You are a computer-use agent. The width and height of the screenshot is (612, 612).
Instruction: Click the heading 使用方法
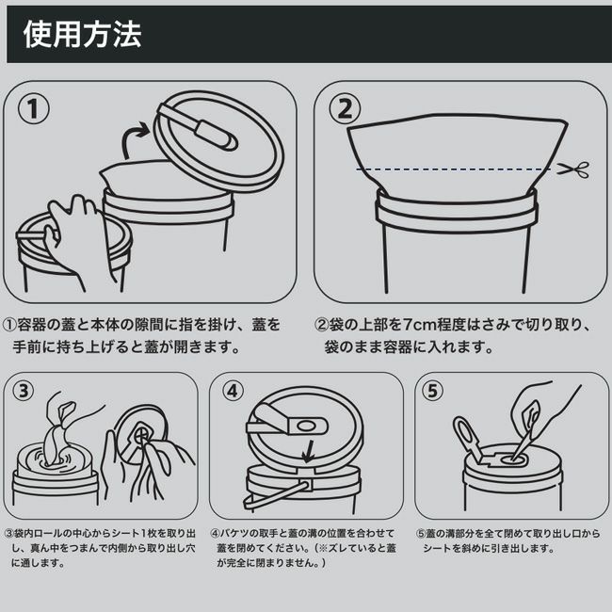[x=82, y=34]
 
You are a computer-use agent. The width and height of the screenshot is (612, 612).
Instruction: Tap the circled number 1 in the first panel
[x=34, y=109]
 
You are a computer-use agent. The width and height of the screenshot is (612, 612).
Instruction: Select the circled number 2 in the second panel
[x=345, y=109]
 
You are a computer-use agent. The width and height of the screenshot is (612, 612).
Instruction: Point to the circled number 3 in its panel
[x=24, y=391]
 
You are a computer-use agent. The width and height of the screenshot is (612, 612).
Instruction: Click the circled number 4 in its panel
[x=233, y=391]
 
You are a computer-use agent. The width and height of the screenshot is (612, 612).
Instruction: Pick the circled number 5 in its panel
[x=432, y=391]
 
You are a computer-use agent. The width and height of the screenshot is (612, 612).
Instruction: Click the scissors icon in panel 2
[x=573, y=169]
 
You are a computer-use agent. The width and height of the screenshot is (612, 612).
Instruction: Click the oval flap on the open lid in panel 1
[x=214, y=135]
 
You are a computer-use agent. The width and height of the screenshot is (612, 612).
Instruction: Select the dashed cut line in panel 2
[x=454, y=169]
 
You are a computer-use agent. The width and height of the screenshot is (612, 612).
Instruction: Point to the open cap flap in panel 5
[x=468, y=437]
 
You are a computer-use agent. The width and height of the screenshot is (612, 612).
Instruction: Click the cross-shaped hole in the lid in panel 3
[x=139, y=433]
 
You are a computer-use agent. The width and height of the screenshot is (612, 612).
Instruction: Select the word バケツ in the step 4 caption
[x=234, y=533]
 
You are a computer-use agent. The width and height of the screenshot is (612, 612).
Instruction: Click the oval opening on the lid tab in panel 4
[x=306, y=426]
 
